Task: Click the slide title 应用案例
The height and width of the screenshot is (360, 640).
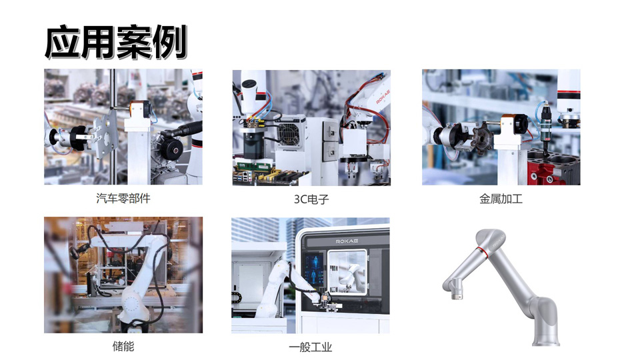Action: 116,42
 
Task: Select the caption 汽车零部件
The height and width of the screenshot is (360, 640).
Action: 123,199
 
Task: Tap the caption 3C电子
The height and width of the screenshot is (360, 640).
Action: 311,199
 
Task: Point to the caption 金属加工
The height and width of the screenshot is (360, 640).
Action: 501,199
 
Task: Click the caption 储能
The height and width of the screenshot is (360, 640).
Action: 123,347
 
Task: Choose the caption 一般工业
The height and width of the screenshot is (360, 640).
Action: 311,347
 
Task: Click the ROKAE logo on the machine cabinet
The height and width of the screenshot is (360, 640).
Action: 347,241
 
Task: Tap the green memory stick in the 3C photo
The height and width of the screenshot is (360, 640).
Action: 253,167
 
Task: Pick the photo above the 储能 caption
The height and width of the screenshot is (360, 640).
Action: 123,275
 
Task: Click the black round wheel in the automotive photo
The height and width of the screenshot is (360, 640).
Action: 172,149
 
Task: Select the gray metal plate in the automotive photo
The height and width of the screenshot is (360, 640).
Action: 105,135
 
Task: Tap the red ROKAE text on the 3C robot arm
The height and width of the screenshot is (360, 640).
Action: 383,97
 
